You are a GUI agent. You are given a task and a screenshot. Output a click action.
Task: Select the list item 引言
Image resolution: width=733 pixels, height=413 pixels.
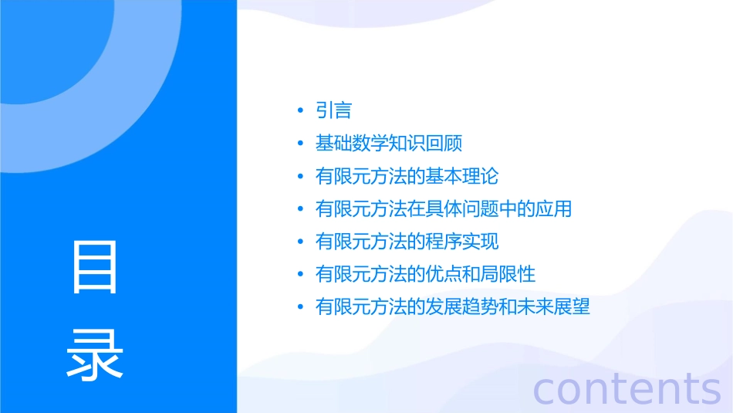tap(333, 110)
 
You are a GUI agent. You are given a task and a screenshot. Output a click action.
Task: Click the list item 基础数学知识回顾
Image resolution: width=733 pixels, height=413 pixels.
tap(388, 144)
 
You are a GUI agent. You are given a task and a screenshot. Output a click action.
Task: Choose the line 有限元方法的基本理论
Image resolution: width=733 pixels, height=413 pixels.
tap(407, 176)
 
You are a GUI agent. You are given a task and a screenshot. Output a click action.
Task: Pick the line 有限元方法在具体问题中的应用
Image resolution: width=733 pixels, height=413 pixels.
tap(443, 208)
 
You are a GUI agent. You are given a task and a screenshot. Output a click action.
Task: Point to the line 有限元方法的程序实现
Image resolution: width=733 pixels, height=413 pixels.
tap(407, 242)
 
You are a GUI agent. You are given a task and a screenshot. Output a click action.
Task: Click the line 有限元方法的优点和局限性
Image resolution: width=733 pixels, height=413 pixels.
tap(425, 274)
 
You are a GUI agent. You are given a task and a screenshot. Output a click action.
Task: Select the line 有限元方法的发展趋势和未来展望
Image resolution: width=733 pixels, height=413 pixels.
tap(452, 306)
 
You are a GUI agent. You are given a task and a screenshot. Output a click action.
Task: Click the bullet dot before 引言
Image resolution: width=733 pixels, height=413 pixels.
tap(301, 111)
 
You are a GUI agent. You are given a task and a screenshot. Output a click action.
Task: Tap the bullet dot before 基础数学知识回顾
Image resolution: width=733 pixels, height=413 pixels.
tap(301, 144)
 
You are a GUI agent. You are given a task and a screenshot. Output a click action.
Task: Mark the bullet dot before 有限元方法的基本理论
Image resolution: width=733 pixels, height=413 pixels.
tap(301, 177)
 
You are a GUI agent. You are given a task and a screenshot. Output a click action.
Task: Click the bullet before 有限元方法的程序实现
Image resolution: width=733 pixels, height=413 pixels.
tap(301, 242)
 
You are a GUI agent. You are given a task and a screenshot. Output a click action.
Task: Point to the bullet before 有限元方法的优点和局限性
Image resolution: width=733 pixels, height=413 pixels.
tap(301, 274)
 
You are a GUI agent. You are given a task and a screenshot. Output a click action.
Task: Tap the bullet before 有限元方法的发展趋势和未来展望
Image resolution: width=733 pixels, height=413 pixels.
tap(301, 307)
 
